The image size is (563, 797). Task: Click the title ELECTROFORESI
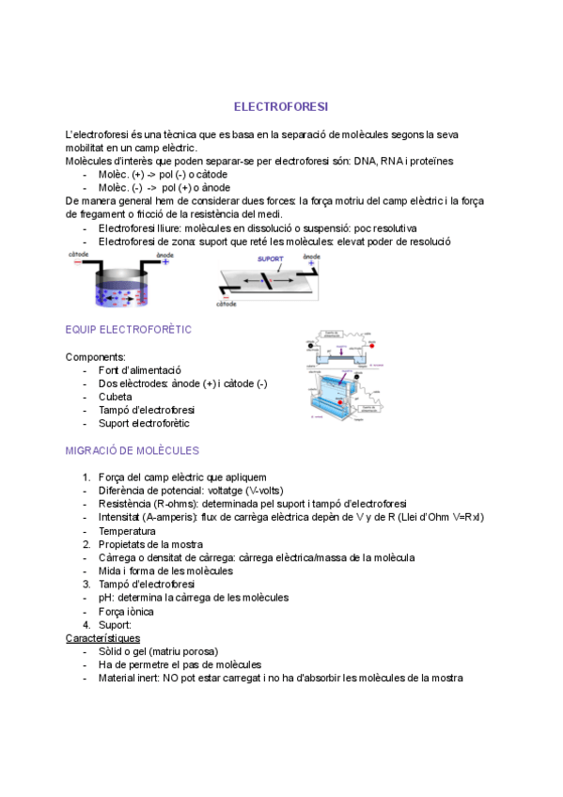pyautogui.click(x=281, y=107)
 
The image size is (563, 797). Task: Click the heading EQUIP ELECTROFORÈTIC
pyautogui.click(x=128, y=329)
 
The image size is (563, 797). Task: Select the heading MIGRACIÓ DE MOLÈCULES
pyautogui.click(x=132, y=450)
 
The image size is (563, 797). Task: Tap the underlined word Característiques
pyautogui.click(x=102, y=638)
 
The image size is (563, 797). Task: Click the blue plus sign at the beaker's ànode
pyautogui.click(x=166, y=262)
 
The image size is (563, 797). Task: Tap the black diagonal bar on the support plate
pyautogui.click(x=268, y=281)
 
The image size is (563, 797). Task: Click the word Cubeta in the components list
pyautogui.click(x=116, y=397)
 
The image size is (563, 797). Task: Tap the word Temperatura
pyautogui.click(x=127, y=531)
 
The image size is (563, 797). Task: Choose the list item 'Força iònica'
pyautogui.click(x=126, y=611)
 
